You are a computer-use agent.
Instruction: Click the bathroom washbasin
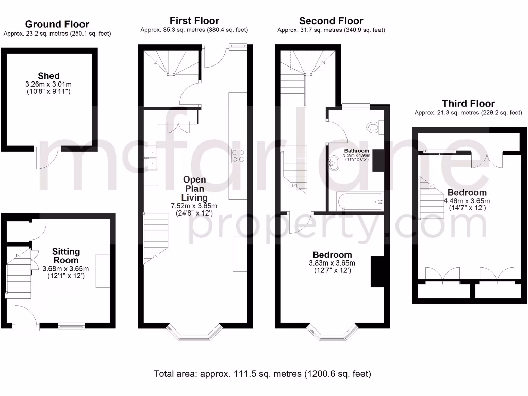(x=333, y=165)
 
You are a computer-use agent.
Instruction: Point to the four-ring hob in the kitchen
(x=238, y=155)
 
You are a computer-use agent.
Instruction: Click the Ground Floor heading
(x=57, y=24)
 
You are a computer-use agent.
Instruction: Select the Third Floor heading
(x=468, y=104)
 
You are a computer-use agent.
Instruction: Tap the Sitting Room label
(x=66, y=256)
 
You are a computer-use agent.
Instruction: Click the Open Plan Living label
(x=194, y=188)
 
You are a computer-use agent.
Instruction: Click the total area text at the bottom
(x=262, y=373)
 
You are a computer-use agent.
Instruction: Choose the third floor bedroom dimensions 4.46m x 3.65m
(x=467, y=201)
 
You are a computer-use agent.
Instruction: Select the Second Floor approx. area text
(x=331, y=30)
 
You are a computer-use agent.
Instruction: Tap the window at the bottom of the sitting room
(x=71, y=325)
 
